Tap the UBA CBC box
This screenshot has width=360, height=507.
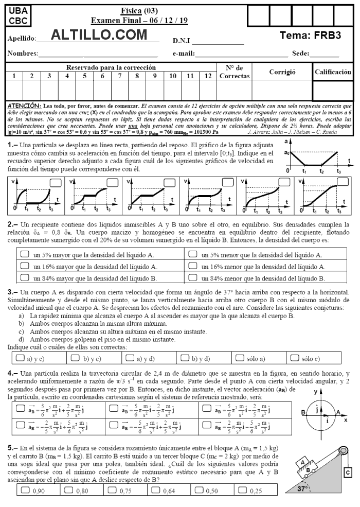click(19, 16)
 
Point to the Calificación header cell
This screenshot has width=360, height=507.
click(333, 72)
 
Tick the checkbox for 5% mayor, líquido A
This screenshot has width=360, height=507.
click(25, 254)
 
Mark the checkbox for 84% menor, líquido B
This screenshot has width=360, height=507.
click(193, 278)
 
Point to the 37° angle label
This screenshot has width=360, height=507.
click(304, 489)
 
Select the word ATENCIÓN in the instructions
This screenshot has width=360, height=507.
click(25, 105)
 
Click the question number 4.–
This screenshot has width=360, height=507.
click(13, 373)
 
